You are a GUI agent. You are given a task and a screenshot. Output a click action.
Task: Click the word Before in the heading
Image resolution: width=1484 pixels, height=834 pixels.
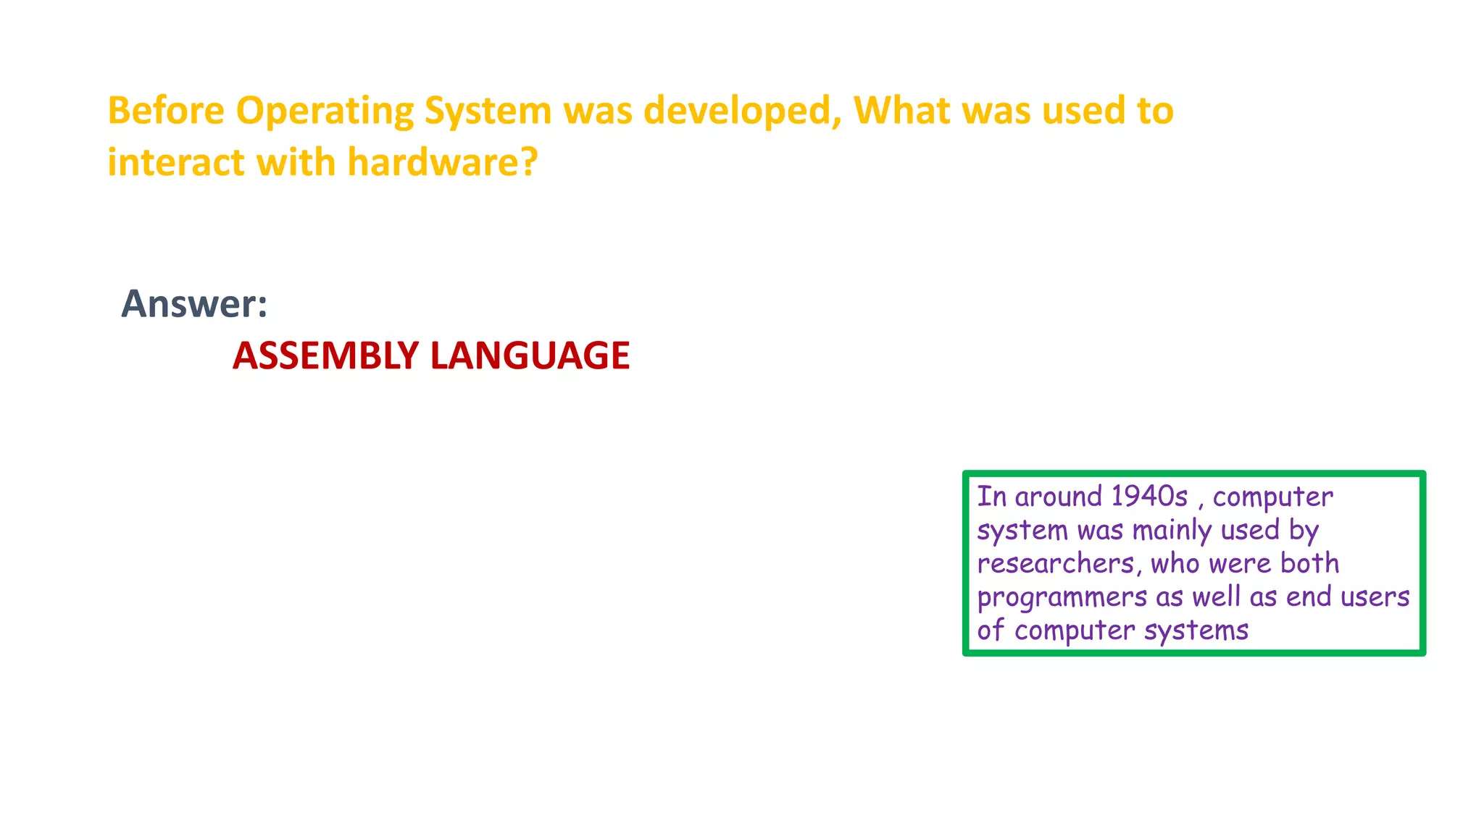pyautogui.click(x=166, y=111)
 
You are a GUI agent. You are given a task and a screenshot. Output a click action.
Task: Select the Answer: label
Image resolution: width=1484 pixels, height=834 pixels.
pyautogui.click(x=194, y=304)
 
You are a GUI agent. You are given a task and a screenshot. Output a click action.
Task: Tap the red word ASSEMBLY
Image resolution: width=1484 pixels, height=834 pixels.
pyautogui.click(x=325, y=355)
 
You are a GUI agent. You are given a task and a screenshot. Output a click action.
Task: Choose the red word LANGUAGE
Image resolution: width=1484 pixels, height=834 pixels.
pyautogui.click(x=530, y=355)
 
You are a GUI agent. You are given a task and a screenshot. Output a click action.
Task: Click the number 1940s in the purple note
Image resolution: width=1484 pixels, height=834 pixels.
pyautogui.click(x=1149, y=497)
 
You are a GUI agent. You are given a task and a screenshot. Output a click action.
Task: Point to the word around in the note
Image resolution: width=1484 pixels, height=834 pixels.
pyautogui.click(x=1059, y=497)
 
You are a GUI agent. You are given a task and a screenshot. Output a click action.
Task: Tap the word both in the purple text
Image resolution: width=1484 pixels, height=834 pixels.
pyautogui.click(x=1309, y=563)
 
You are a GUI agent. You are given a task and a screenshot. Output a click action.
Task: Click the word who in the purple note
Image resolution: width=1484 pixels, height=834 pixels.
pyautogui.click(x=1175, y=563)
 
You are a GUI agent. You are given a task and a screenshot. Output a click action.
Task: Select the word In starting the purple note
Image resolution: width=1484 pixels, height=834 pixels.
pyautogui.click(x=991, y=497)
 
